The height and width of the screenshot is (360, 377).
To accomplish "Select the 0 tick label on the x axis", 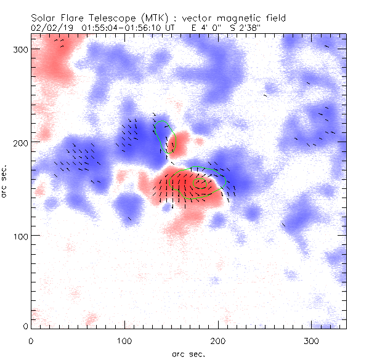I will tap(31, 340).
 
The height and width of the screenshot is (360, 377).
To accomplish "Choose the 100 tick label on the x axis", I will tap(124, 340).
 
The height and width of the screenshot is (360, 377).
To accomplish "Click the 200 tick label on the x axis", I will tap(218, 340).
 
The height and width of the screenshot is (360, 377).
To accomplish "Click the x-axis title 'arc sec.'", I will tap(188, 354).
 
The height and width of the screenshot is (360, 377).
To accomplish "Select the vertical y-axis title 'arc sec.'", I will tap(6, 182).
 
